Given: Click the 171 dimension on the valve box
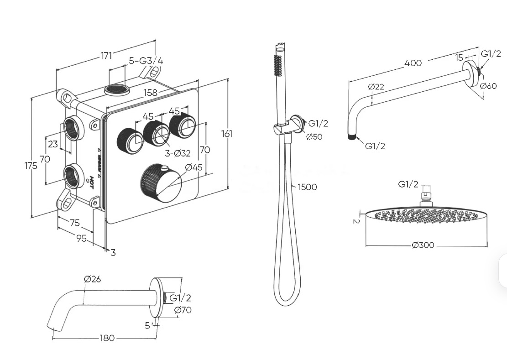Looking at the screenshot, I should click(106, 56).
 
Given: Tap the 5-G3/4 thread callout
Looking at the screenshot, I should click(146, 61).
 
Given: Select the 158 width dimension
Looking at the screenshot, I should click(150, 93).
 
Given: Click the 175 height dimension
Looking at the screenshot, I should click(31, 166).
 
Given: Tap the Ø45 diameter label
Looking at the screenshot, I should click(193, 167).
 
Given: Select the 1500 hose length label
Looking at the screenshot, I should click(307, 187).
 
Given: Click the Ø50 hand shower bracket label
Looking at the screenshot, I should click(314, 136).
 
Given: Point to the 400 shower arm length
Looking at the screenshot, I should click(413, 63).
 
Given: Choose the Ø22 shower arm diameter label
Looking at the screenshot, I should click(376, 86).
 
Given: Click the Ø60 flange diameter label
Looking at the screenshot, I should click(488, 86).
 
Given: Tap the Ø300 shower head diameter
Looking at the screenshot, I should click(423, 245).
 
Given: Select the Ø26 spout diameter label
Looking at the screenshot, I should click(92, 279).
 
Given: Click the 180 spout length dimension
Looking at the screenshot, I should click(108, 338).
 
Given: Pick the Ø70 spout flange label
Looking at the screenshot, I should click(183, 310).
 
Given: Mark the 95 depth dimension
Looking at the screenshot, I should click(81, 238).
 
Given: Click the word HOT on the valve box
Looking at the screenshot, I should click(91, 182).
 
